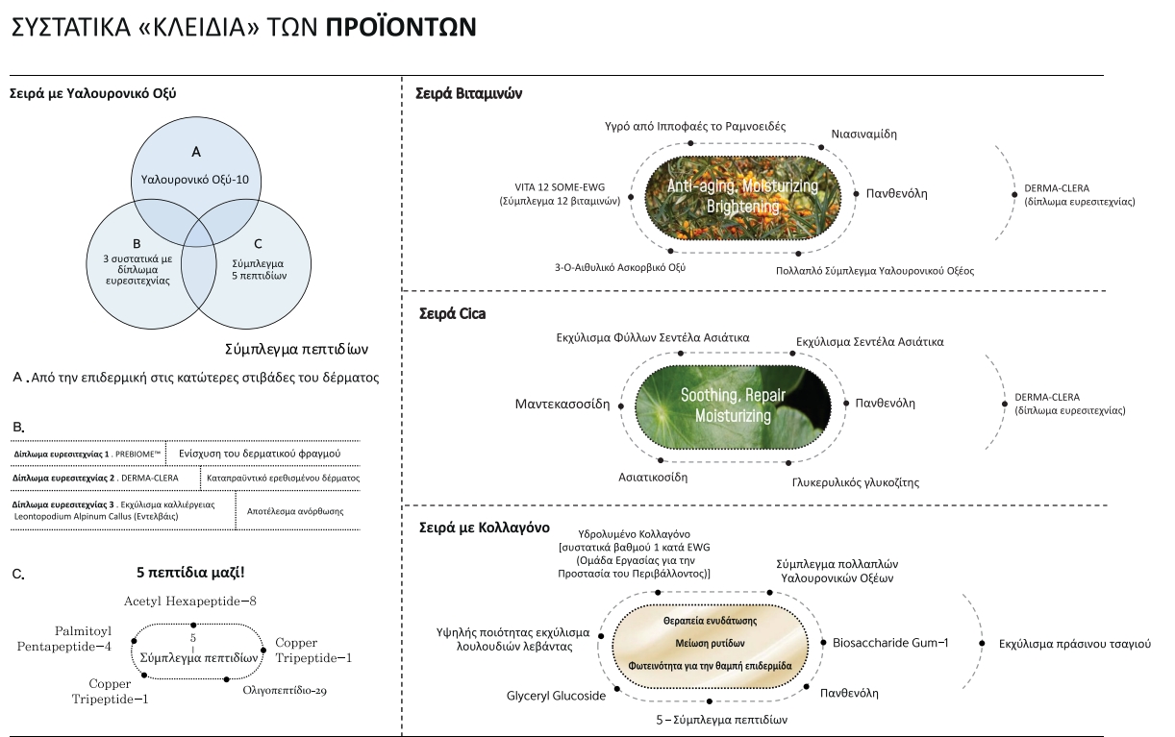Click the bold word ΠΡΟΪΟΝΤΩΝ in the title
(401, 27)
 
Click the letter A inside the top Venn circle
(196, 152)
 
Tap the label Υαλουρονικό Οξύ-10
(194, 180)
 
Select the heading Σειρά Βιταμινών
(468, 93)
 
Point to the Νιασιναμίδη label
(863, 135)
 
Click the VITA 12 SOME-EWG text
(560, 187)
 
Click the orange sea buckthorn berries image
(742, 198)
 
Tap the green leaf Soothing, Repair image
(733, 406)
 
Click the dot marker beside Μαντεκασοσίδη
(620, 405)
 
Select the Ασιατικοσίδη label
(653, 477)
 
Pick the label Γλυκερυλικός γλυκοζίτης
(856, 482)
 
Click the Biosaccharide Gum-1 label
(890, 643)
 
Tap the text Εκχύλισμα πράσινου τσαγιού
(1075, 644)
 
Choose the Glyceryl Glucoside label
(556, 696)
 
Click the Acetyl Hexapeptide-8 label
(189, 602)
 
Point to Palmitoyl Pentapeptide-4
(64, 638)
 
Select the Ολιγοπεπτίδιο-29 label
(285, 690)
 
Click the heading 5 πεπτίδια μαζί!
(190, 572)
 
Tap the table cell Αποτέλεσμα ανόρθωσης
(295, 511)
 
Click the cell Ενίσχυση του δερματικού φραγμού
(260, 454)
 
